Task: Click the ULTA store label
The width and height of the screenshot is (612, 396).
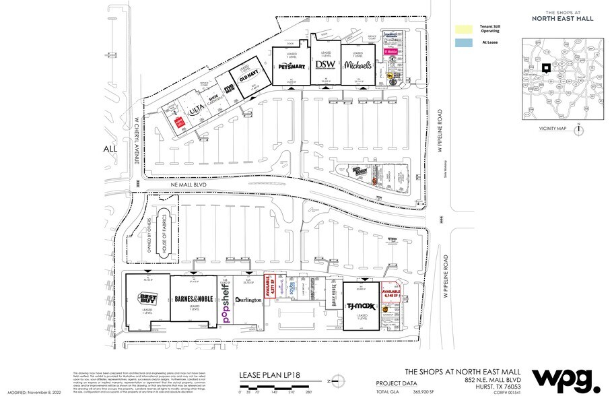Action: pyautogui.click(x=196, y=108)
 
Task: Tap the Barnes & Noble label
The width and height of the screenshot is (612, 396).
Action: pyautogui.click(x=194, y=300)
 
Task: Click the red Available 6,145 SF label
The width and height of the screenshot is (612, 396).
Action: pyautogui.click(x=392, y=294)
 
